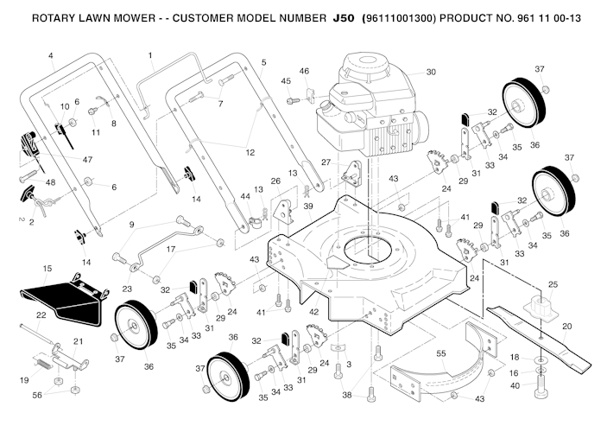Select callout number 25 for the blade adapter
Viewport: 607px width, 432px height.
(x=553, y=284)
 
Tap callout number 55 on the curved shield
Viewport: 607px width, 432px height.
(x=440, y=354)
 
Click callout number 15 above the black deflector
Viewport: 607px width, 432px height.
(x=47, y=270)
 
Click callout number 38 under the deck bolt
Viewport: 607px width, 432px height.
(x=346, y=395)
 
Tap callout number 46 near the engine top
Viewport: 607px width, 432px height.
(x=304, y=70)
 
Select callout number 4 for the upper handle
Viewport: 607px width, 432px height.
(x=51, y=56)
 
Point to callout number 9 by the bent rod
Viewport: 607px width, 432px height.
(x=131, y=225)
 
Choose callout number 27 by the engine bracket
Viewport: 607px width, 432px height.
(x=326, y=162)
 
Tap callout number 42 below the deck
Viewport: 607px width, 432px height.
(x=313, y=311)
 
